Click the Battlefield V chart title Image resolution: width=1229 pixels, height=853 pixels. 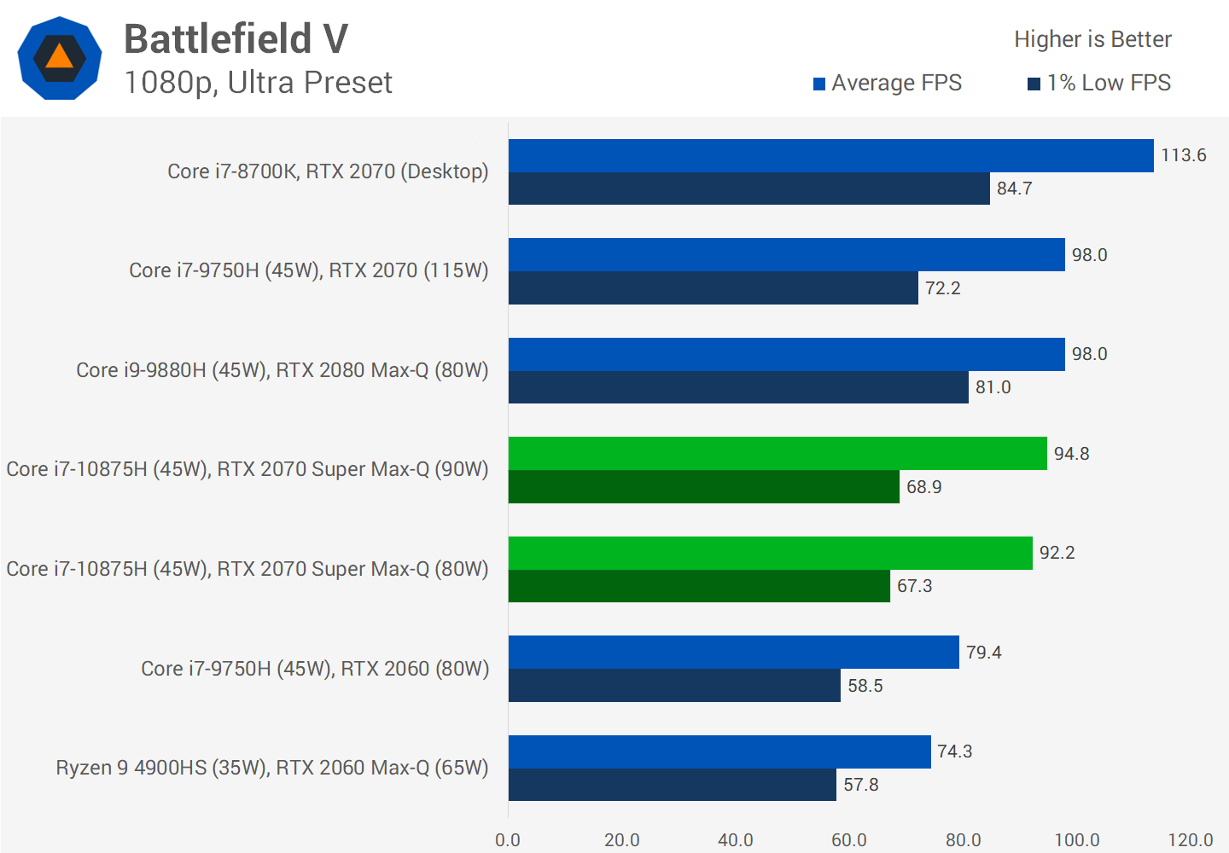236,39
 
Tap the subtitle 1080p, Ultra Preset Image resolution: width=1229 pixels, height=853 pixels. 258,83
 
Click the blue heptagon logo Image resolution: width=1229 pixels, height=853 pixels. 60,58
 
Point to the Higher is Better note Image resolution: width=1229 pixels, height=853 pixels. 1092,39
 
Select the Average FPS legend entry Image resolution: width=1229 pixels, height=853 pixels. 888,83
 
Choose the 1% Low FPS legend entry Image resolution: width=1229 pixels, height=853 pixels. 1099,83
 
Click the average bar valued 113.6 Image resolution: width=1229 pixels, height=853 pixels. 830,156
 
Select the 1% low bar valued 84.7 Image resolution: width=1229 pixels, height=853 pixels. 748,189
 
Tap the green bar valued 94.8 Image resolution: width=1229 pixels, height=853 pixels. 778,454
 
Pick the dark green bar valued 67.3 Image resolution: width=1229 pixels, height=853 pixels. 699,586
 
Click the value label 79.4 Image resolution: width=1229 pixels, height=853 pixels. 983,653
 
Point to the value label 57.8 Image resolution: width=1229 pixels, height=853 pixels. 860,785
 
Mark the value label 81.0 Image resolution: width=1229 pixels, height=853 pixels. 993,387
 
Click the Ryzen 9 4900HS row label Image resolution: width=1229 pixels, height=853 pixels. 272,768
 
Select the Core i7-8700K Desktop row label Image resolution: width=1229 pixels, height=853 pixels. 328,171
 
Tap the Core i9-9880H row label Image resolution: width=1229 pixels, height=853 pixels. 282,370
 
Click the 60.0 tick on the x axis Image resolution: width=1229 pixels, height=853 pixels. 848,840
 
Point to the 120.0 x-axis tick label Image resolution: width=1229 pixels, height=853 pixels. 1190,840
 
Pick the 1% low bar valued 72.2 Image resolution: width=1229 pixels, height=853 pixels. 713,288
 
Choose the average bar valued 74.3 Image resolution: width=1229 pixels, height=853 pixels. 719,751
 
